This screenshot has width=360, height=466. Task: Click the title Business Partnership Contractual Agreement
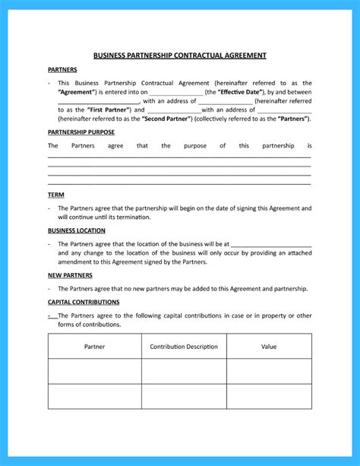click(179, 55)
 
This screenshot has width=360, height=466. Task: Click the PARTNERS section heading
click(62, 70)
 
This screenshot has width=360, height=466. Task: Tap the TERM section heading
click(55, 195)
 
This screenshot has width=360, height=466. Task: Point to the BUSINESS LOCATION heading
click(76, 230)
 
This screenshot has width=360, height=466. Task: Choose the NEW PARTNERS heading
click(70, 275)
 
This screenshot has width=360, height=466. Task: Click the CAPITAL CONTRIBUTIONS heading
click(83, 302)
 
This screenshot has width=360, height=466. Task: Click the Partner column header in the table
click(94, 347)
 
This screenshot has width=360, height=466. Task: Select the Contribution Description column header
click(184, 347)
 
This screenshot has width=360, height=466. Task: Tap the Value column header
click(269, 347)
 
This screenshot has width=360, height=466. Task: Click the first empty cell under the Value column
click(269, 371)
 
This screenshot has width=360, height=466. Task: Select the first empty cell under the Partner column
click(94, 371)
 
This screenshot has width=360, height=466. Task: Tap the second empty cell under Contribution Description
click(184, 396)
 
